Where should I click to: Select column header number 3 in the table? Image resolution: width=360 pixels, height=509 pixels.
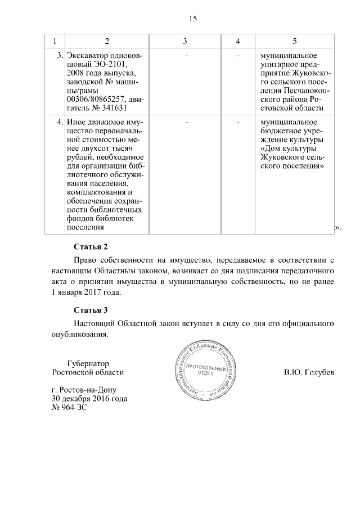point(185,42)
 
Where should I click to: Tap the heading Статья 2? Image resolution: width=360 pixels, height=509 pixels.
point(91,246)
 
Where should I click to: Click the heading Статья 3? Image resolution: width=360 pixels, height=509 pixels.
point(91,310)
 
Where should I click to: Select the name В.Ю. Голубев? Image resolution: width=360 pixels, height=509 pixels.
point(309,372)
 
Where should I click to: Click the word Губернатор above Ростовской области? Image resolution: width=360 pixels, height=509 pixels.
point(87,363)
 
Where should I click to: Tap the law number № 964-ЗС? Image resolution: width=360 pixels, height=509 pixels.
point(70,407)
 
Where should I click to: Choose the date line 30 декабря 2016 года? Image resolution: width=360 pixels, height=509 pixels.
point(89,399)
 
